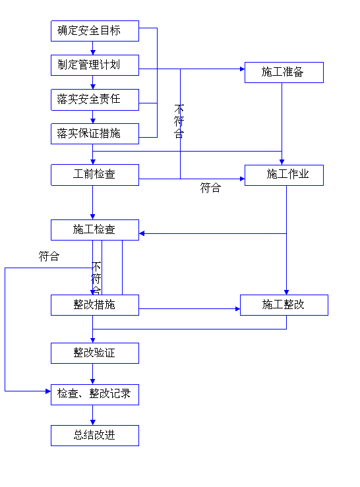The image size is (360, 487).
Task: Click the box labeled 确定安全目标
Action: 95,31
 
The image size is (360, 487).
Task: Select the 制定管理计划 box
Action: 95,65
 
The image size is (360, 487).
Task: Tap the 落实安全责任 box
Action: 95,100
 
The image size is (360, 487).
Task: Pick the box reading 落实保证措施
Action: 95,134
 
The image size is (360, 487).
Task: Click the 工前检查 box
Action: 95,175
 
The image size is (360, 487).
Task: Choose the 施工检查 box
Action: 95,230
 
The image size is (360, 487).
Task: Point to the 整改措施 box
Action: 95,305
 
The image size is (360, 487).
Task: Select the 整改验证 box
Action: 95,353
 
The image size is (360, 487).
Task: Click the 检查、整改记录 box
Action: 95,395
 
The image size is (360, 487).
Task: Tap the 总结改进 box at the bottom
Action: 95,436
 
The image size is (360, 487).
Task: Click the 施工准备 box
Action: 284,72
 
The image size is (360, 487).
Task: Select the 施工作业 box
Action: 284,175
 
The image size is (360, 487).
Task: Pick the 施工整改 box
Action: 284,305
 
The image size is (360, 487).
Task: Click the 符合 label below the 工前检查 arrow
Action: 210,188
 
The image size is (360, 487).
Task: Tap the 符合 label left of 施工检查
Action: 49,256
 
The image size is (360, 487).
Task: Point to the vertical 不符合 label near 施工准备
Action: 179,121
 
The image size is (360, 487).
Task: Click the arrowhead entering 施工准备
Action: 243,69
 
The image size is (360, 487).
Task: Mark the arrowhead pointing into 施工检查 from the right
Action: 142,233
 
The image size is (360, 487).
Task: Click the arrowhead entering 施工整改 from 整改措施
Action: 238,308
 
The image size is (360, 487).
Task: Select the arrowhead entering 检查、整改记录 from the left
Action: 48,391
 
